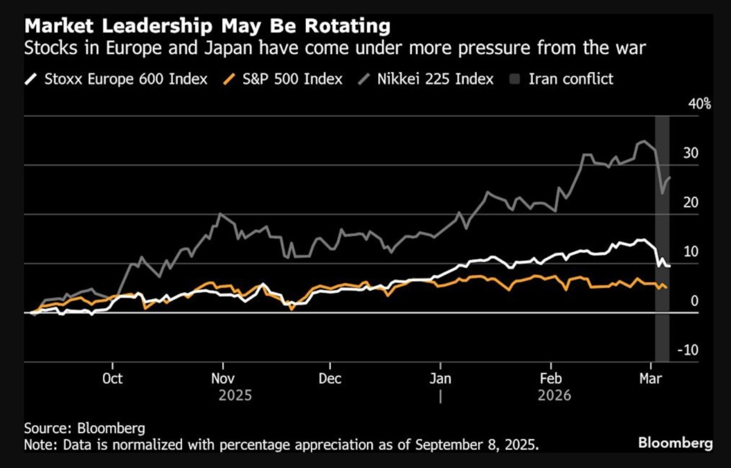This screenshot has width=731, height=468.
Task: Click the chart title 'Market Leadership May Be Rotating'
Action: (207, 27)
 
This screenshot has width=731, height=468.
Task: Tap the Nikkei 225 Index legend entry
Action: (430, 79)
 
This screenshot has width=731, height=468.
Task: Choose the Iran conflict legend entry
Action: (564, 79)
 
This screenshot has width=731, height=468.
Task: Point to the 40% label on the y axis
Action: (699, 104)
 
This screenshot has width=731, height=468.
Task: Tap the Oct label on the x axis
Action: (112, 378)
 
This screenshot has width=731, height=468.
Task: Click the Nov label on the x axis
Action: (222, 378)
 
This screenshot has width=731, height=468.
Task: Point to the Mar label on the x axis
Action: (652, 378)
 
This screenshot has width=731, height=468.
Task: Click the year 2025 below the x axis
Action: (235, 395)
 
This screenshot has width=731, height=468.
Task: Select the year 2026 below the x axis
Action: (554, 395)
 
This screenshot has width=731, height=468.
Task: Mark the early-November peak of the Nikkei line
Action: (219, 214)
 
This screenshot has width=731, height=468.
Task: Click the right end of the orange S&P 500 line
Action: (666, 288)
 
